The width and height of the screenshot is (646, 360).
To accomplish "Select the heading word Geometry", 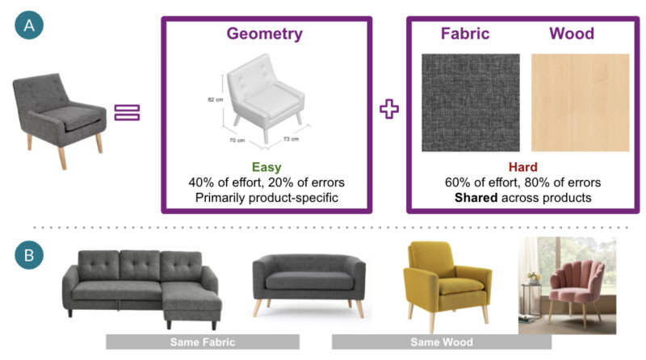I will [264, 34].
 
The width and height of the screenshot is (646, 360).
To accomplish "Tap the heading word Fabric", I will [464, 34].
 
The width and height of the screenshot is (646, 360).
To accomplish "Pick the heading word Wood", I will [571, 34].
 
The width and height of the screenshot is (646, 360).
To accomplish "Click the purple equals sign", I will [127, 112].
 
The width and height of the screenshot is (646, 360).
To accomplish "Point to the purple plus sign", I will [390, 109].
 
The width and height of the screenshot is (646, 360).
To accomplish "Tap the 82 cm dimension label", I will [215, 100].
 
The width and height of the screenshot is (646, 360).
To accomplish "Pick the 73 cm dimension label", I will [290, 139].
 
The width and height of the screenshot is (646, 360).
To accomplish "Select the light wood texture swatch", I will [580, 103].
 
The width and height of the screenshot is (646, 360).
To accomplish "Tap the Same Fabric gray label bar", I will [203, 342].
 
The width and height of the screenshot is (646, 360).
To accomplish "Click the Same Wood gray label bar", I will [441, 342].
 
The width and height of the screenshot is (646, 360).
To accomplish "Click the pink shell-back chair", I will [569, 287].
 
